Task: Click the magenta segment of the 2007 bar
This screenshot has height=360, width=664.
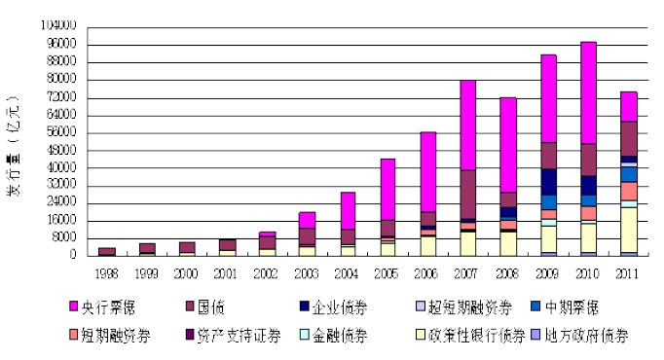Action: [x=467, y=125]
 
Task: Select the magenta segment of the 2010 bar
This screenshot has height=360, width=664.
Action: [x=588, y=92]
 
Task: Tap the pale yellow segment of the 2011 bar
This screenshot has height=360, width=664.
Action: [x=628, y=229]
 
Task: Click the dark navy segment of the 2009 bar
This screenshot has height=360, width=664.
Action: [x=548, y=181]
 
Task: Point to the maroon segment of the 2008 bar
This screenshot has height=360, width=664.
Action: [x=507, y=198]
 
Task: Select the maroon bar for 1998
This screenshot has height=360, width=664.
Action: [x=107, y=251]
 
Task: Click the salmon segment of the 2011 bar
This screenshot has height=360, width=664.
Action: [x=628, y=191]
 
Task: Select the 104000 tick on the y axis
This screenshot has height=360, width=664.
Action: [x=58, y=25]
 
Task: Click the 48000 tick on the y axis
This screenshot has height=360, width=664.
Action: [x=61, y=150]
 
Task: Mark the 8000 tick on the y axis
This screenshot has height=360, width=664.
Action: [x=64, y=238]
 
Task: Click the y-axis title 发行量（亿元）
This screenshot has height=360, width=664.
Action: [x=14, y=146]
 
